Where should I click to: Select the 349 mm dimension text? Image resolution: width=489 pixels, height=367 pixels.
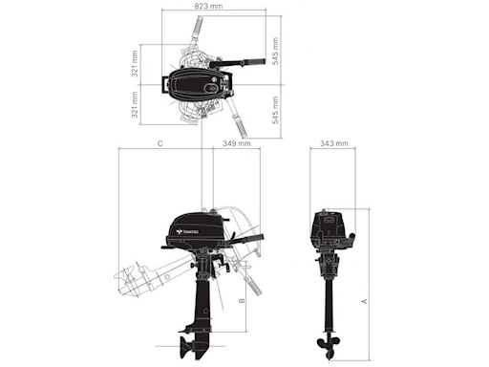(x=236, y=144)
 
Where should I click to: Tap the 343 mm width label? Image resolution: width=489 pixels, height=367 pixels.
(x=333, y=144)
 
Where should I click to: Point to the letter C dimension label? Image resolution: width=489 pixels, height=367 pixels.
(x=160, y=144)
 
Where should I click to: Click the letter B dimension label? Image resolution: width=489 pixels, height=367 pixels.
(x=243, y=300)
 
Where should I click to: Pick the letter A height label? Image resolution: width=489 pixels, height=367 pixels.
(x=365, y=300)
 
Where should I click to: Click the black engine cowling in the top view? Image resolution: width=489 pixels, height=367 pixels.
(x=200, y=85)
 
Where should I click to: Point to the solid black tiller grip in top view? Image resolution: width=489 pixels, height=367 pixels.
(x=252, y=63)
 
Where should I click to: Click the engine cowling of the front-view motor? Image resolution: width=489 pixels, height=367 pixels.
(x=330, y=229)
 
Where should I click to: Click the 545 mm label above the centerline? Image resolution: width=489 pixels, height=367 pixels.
(x=275, y=56)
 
